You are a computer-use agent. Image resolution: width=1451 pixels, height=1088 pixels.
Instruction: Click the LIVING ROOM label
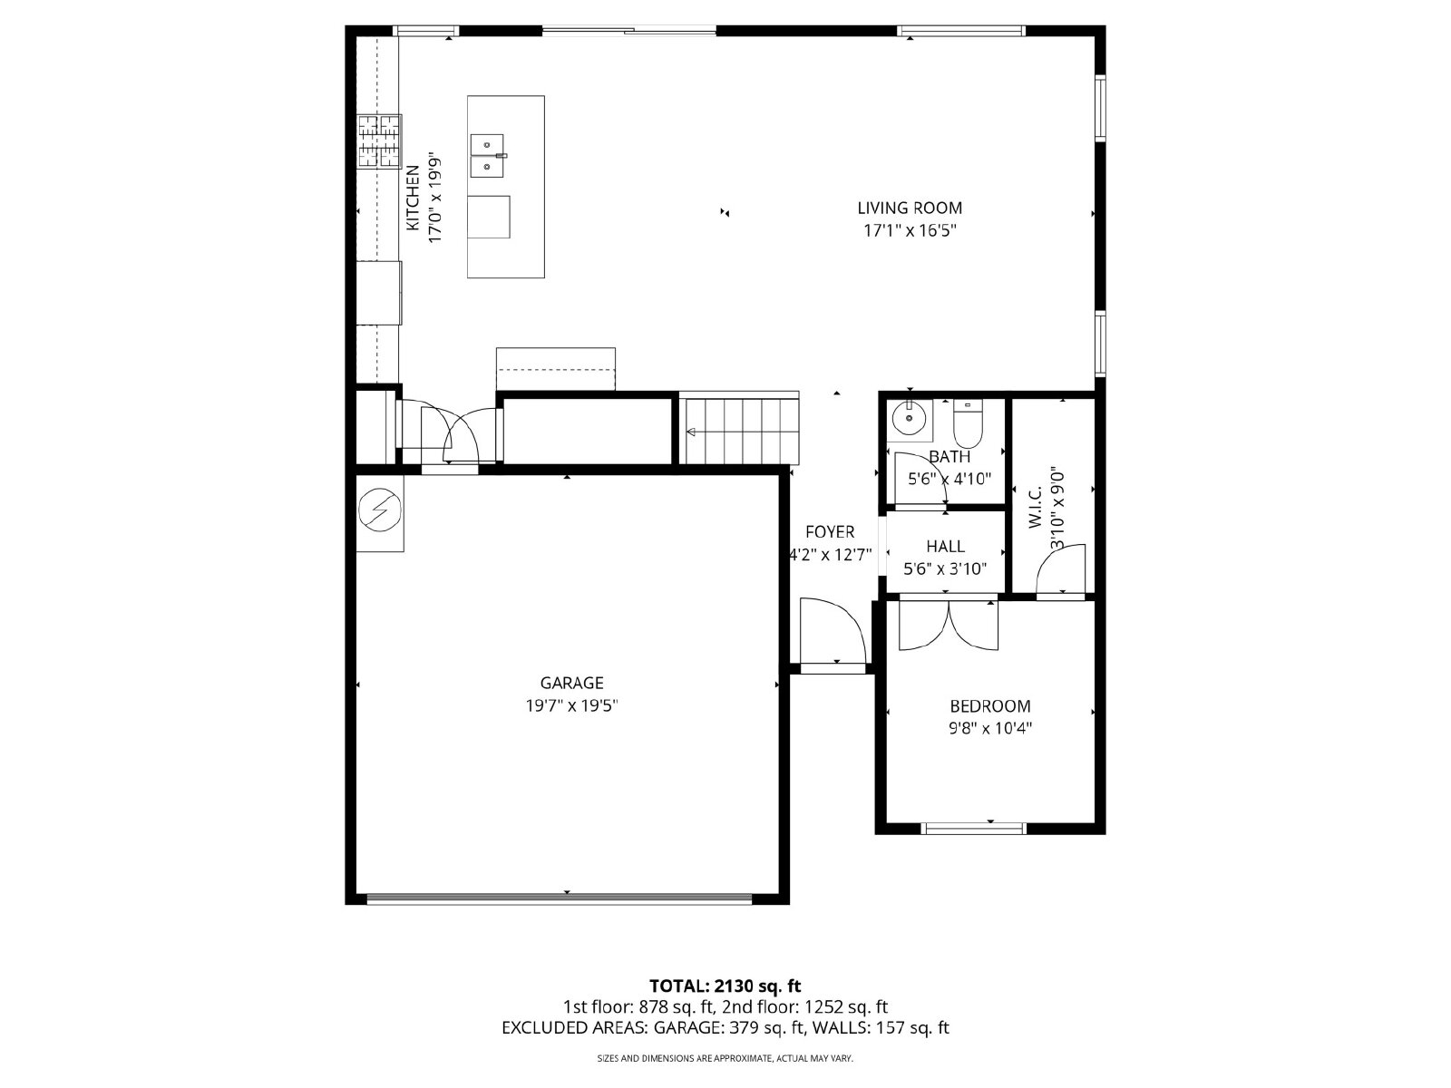coord(910,209)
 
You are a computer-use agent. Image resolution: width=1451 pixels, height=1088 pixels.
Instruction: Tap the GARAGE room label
coord(572,683)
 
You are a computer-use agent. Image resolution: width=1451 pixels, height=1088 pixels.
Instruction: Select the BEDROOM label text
coord(990,706)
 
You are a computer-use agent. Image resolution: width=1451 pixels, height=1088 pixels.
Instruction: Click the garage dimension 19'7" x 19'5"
coord(572,706)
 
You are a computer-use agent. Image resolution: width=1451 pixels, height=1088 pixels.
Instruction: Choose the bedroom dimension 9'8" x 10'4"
coord(990,729)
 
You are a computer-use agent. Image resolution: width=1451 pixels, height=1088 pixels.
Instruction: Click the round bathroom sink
coord(910,418)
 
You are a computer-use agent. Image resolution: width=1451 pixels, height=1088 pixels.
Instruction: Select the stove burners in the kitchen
coord(379,141)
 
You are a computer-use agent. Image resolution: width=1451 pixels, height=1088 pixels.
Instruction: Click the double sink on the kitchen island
coord(488,156)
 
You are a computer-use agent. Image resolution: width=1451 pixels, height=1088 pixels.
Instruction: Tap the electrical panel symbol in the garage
coord(379,510)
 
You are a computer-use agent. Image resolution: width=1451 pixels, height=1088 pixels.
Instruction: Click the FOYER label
coord(830,532)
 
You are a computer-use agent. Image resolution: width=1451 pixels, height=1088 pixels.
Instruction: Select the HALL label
coord(945,547)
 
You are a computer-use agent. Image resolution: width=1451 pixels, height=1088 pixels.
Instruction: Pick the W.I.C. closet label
coord(1036,508)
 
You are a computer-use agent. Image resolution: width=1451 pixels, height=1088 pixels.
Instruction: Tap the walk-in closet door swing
coord(1060,568)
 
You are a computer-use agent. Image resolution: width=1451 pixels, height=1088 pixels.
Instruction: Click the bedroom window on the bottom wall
coord(973,829)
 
